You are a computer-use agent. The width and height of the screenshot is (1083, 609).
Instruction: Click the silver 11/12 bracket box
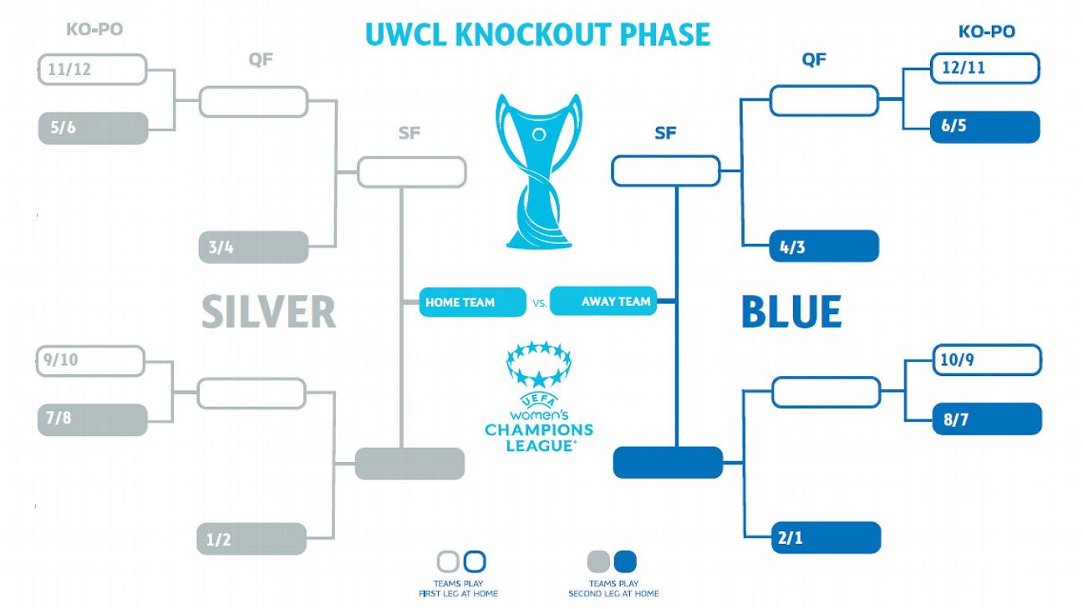coord(93,70)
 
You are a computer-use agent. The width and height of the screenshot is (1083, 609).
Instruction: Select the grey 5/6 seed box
coord(93,129)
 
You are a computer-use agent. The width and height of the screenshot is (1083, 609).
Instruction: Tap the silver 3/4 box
coord(253,247)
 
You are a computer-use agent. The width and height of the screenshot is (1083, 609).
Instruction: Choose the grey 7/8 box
coord(92,419)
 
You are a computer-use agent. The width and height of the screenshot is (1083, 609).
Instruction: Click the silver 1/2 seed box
coord(252,539)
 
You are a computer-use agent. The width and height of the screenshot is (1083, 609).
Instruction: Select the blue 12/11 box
coord(985,69)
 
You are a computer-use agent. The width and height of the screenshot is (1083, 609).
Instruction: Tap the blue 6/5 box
coord(985,127)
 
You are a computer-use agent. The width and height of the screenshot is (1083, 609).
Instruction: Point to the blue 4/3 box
coord(824,246)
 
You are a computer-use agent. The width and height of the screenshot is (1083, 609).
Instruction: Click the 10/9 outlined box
coord(986,361)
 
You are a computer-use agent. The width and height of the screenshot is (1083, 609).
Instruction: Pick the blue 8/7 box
coord(987,419)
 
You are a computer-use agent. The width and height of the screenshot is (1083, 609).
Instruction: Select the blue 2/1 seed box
coord(826,537)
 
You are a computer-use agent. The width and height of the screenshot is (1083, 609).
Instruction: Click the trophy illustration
coord(539,171)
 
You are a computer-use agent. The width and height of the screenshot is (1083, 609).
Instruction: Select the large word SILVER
coord(268,312)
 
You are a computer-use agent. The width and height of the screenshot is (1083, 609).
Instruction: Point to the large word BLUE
coord(791,312)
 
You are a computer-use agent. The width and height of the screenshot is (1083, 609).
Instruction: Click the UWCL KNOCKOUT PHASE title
coord(537,34)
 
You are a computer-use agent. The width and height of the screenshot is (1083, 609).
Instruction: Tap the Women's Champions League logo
coord(539,397)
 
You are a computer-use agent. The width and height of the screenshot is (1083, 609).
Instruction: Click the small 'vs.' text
coord(539,304)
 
